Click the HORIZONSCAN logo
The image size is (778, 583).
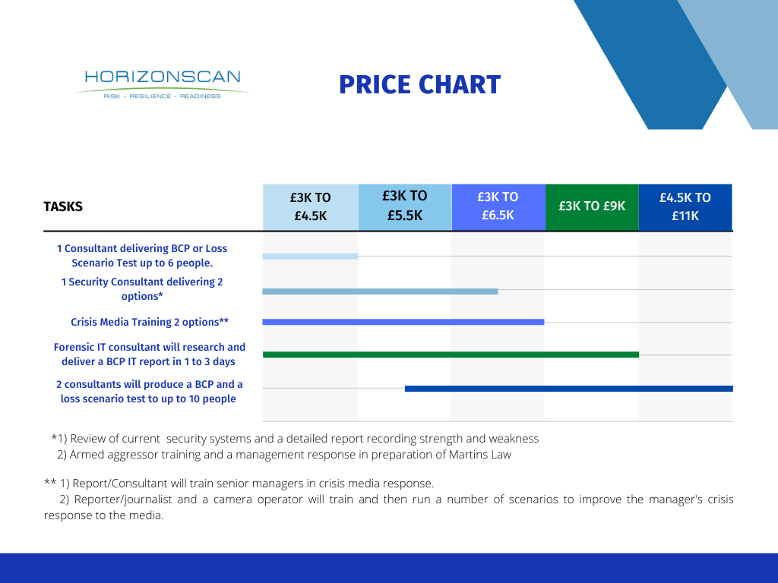162,84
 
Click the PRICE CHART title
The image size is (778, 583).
419,85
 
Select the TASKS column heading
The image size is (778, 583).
63,206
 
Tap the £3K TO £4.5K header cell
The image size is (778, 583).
311,206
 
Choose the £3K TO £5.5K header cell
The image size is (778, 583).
405,206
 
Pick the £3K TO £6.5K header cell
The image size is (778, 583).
498,206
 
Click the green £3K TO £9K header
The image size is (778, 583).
592,206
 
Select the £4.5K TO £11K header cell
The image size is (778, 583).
685,206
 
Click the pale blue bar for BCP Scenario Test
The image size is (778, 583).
310,257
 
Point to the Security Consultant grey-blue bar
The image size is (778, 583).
380,291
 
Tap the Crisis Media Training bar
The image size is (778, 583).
403,322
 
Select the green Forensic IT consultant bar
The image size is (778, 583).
451,355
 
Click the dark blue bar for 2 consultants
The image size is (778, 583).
568,389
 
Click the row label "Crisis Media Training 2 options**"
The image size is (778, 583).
150,322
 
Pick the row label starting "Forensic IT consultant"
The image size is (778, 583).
150,355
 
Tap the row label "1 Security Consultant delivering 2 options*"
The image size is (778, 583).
142,289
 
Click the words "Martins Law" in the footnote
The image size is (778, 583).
480,455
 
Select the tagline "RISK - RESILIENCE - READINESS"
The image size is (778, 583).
162,96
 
